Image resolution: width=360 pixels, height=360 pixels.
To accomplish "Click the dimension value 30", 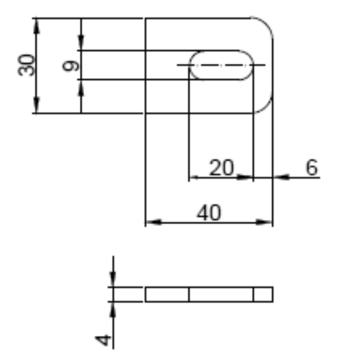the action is point(26,65).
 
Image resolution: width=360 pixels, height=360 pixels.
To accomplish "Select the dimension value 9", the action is point(70,66).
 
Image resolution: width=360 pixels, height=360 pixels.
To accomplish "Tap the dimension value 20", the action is point(222,168).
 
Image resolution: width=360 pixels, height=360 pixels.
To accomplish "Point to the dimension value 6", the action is point(312,168).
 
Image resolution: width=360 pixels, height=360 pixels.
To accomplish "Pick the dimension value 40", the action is point(209,213).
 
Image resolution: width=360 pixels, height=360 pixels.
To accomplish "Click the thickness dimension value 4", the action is point(103,340).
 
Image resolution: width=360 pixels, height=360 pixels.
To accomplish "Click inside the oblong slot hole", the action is point(221,65).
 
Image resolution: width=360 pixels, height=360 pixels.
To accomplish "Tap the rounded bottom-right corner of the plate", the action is point(266,106).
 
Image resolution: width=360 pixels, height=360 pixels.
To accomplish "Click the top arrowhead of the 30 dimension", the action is point(37,26).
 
